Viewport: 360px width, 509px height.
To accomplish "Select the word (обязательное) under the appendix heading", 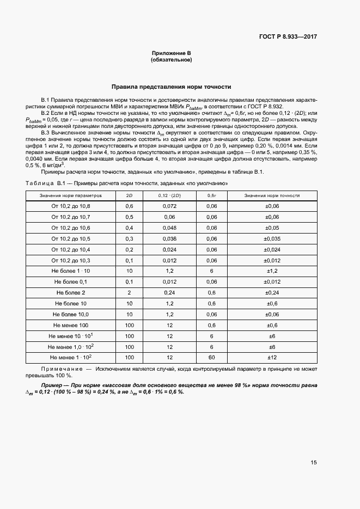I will pyautogui.click(x=171, y=60).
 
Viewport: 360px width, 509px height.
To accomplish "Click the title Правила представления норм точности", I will pyautogui.click(x=172, y=87).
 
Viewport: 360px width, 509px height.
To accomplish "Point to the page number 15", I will pyautogui.click(x=314, y=462).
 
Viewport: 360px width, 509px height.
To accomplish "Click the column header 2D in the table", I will pyautogui.click(x=129, y=195).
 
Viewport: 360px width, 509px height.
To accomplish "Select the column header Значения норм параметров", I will pyautogui.click(x=71, y=195).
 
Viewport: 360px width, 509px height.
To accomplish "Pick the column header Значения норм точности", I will pyautogui.click(x=272, y=195).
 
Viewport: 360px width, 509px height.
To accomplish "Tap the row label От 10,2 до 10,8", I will pyautogui.click(x=71, y=206).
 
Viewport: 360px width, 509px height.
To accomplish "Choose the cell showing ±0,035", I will pyautogui.click(x=272, y=238).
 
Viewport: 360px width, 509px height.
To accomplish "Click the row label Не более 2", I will pyautogui.click(x=71, y=292).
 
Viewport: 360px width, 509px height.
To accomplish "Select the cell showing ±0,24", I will pyautogui.click(x=272, y=292).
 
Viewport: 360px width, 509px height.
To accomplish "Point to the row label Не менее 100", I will pyautogui.click(x=71, y=325).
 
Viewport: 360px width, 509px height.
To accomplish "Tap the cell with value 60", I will pyautogui.click(x=212, y=357).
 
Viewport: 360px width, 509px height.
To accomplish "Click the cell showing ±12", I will pyautogui.click(x=272, y=357).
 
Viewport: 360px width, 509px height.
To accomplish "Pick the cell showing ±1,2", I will pyautogui.click(x=272, y=271).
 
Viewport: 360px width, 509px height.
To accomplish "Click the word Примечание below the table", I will pyautogui.click(x=57, y=369).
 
